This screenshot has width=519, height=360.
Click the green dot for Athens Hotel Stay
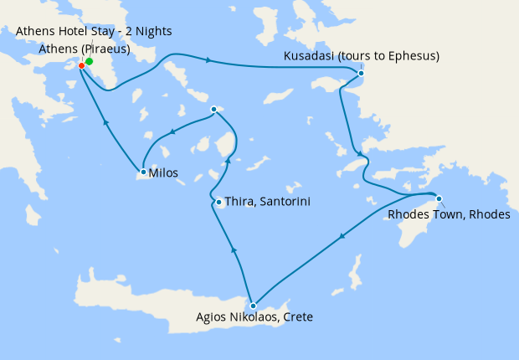89,62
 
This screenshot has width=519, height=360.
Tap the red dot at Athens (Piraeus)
81,66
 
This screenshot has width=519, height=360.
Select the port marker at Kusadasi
361,74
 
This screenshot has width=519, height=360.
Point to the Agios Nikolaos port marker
252,306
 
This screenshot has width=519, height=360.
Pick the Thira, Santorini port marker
218,202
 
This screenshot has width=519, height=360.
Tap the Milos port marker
143,172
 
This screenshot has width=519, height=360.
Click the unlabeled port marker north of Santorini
214,109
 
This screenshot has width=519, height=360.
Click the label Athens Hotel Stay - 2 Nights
94,32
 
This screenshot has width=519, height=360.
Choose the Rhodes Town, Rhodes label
449,215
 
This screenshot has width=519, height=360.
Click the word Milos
163,173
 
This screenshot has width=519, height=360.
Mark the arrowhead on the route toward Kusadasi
208,60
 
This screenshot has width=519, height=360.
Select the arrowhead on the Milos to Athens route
106,121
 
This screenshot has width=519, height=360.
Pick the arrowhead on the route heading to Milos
173,131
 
